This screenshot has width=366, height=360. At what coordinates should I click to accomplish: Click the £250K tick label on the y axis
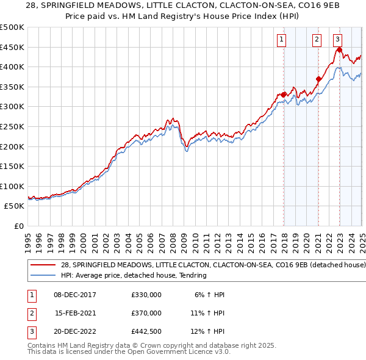tap(12, 126)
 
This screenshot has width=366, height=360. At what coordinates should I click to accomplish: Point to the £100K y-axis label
tap(12, 186)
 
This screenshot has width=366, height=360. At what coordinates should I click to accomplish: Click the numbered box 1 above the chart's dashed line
tap(281, 40)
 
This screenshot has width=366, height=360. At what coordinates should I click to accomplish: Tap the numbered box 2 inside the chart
tap(317, 40)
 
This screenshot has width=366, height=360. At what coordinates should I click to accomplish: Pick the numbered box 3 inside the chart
tap(338, 40)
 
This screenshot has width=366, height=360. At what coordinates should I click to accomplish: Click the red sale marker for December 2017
tap(284, 95)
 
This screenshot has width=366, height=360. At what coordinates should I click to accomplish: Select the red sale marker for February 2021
tap(318, 79)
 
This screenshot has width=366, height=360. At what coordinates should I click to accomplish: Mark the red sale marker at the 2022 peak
tap(339, 50)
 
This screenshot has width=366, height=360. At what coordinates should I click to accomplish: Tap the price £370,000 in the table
tap(146, 313)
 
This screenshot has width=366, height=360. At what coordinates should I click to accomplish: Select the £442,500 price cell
tap(146, 331)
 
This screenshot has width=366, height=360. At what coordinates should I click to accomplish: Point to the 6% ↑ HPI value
tap(209, 295)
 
